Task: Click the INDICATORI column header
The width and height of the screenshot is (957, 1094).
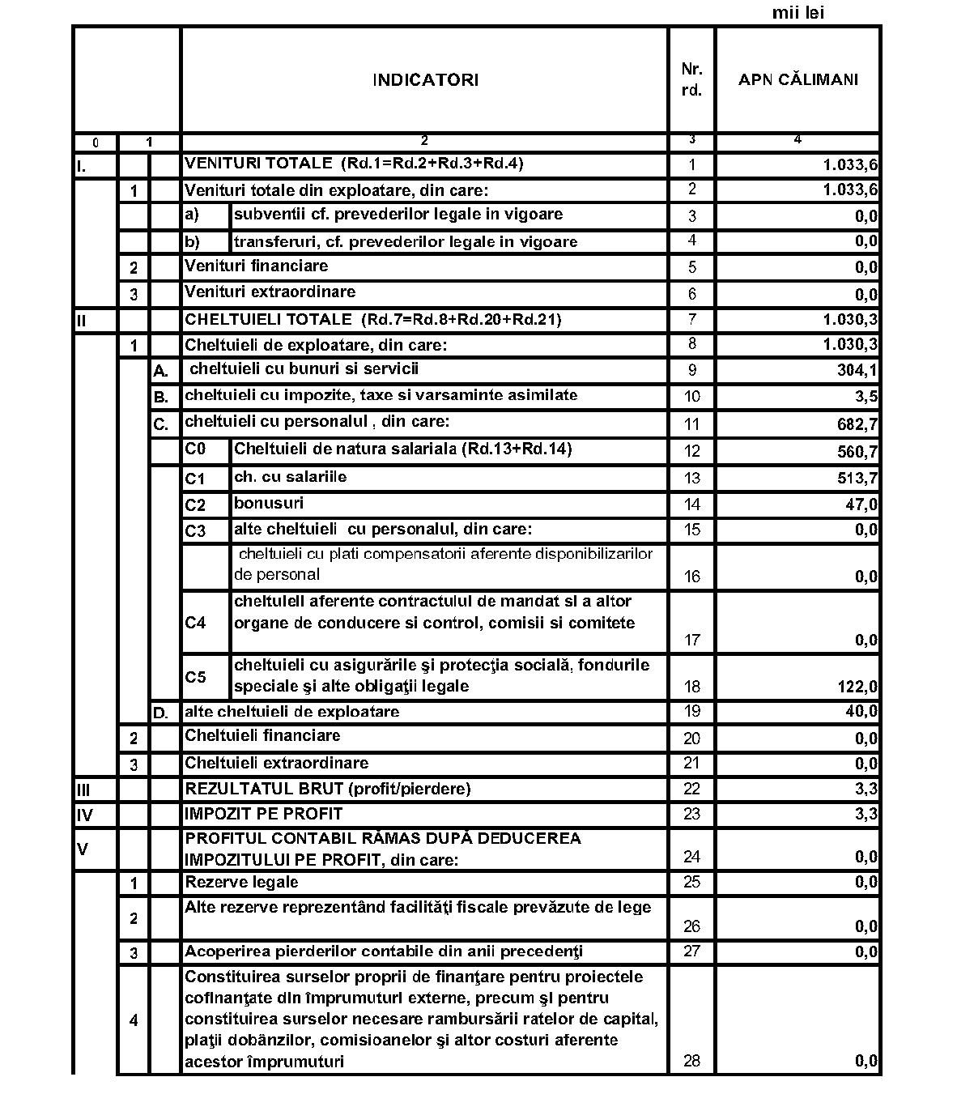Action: click(x=425, y=80)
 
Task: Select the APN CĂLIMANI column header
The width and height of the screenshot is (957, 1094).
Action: click(x=797, y=80)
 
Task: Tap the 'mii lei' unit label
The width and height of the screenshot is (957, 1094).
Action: click(x=797, y=13)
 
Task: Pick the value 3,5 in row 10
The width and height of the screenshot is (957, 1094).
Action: click(x=866, y=397)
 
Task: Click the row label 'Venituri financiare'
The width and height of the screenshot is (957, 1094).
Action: click(x=256, y=266)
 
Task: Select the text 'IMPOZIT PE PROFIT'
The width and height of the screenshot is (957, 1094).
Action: click(x=263, y=814)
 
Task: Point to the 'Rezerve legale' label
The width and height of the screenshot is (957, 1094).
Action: click(x=241, y=882)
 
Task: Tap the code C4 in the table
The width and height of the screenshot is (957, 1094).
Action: click(x=195, y=623)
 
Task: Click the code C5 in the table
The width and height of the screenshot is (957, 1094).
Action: click(x=195, y=677)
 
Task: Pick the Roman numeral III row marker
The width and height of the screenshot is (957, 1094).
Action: click(x=83, y=790)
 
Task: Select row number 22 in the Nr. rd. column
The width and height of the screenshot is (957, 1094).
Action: click(x=691, y=790)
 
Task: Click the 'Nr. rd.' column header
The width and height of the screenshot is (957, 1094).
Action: click(x=691, y=80)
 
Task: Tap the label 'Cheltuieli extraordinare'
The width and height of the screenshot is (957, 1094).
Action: click(x=276, y=763)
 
